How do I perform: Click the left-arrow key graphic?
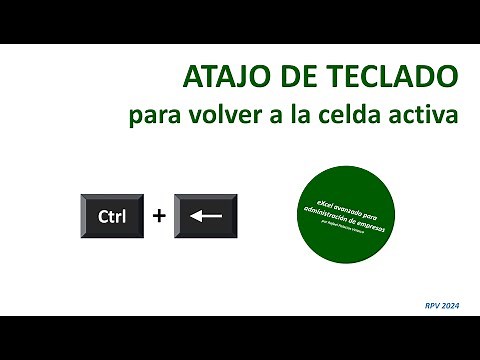[206, 216]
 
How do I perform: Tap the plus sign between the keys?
[158, 216]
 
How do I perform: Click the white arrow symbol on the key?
[206, 216]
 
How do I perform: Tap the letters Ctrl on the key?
[112, 216]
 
